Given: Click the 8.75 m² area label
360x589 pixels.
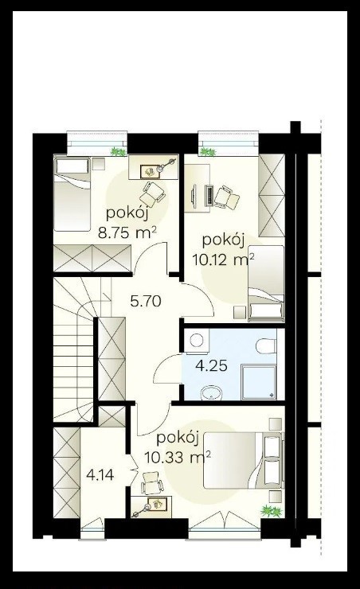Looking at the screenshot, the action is (x=127, y=233).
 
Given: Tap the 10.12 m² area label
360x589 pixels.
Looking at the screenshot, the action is (x=224, y=259).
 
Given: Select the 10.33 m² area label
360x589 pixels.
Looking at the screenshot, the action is (x=178, y=458).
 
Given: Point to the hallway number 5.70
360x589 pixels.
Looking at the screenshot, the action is (x=146, y=301).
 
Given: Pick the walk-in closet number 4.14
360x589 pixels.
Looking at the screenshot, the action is (x=100, y=475).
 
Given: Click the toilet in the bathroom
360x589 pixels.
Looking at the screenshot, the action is (x=267, y=345).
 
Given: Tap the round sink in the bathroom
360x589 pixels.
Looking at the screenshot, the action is (x=212, y=393).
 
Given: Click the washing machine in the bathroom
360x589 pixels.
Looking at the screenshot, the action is (x=196, y=341).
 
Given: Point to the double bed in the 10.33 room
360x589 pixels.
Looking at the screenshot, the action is (x=242, y=460).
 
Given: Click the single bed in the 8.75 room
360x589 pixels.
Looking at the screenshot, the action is (x=72, y=194).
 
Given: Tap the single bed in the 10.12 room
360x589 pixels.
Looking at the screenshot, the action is (x=266, y=283).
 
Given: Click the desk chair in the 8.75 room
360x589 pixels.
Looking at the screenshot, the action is (x=152, y=194).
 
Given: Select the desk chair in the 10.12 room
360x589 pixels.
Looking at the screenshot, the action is (x=226, y=197).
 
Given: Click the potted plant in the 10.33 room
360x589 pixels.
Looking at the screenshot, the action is (x=272, y=511).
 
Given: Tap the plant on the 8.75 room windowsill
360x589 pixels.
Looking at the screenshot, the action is (x=118, y=151).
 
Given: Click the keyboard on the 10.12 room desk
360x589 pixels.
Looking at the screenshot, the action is (x=209, y=196).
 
